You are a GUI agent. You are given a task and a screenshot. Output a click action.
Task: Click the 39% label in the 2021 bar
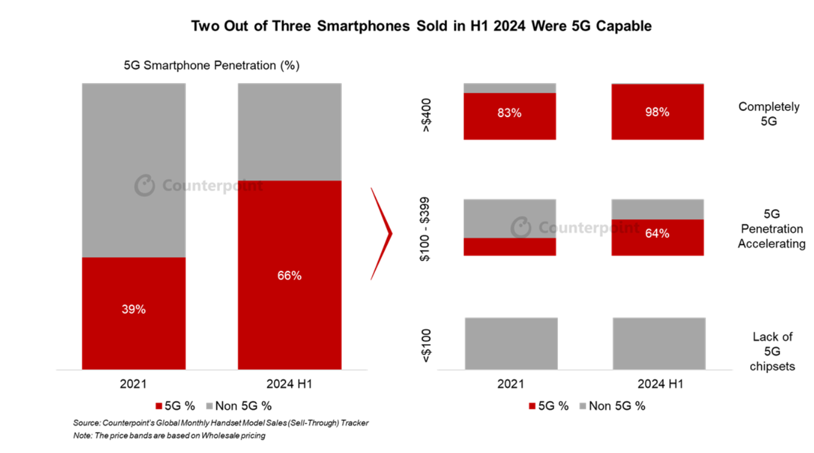point(134,310)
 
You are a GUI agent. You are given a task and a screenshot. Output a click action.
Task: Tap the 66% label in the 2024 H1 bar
point(289,276)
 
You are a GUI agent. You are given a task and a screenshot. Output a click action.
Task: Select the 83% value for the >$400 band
point(509,113)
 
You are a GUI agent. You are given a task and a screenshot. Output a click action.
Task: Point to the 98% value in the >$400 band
point(657,112)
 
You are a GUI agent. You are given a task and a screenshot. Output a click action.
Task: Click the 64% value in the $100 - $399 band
point(657,233)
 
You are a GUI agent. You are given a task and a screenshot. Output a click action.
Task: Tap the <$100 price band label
point(426,345)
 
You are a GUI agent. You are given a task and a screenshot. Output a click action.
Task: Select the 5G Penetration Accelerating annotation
point(771,229)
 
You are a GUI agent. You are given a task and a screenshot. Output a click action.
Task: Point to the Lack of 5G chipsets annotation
point(772,351)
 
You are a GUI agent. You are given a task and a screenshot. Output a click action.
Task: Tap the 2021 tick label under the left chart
point(134,384)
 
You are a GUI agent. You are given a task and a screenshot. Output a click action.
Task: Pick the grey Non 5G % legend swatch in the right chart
point(582,406)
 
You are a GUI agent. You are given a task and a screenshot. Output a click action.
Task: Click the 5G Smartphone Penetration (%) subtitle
point(212,66)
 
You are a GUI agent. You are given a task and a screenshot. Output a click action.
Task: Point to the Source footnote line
point(220,423)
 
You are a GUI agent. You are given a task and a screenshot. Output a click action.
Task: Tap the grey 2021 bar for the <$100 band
point(511,343)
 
